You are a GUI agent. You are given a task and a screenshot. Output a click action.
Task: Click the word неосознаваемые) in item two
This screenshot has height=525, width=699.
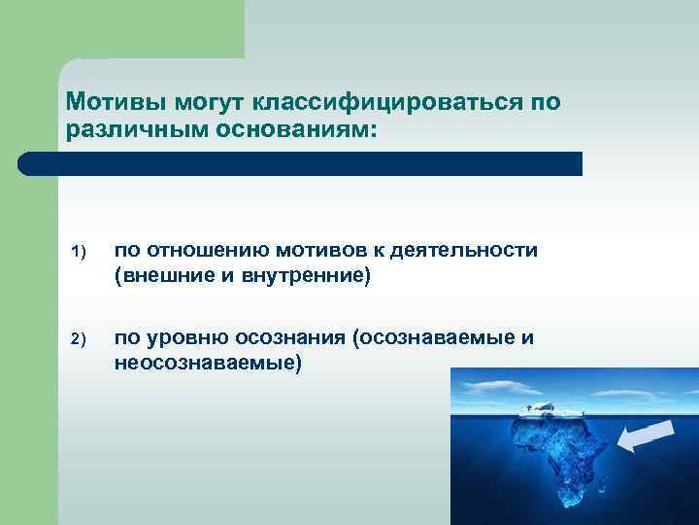[209, 363]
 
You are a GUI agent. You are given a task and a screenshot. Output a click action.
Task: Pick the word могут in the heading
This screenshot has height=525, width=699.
[202, 102]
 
